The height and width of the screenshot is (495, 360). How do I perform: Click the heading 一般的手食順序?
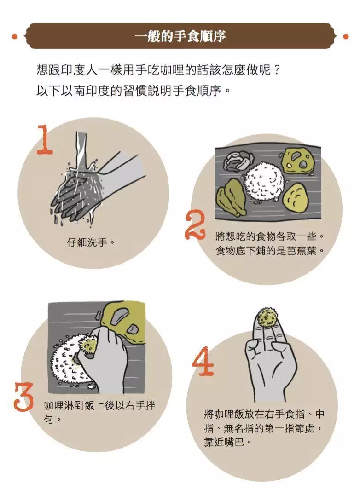coord(180,36)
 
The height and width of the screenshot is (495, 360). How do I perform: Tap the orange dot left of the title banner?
coord(14,37)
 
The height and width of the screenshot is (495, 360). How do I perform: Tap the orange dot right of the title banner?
coord(346,37)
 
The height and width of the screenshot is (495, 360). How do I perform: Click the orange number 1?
coord(44,139)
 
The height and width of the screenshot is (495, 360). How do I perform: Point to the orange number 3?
coord(23,397)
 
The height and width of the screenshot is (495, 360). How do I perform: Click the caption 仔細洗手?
coord(91,243)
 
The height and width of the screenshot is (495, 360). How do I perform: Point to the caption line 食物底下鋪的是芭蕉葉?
coord(270,251)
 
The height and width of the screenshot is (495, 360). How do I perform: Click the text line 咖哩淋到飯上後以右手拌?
coord(100,405)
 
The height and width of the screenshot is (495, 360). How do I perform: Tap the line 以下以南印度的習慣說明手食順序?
coord(133,91)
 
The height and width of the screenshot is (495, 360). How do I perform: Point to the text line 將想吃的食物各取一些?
coord(270,236)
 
